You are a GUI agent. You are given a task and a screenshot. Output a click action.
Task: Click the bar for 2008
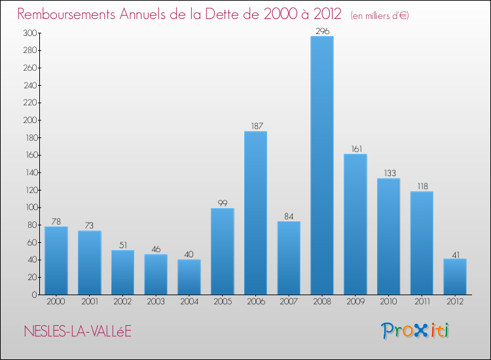coord(322,166)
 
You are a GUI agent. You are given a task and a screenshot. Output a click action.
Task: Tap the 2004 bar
coord(189,277)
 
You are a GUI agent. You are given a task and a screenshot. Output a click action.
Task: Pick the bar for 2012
coord(455,276)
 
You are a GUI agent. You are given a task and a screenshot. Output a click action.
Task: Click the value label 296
coord(322,31)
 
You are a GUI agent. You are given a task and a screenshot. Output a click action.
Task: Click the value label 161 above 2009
coord(355,149)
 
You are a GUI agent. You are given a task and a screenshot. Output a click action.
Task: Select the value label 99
coord(223,203)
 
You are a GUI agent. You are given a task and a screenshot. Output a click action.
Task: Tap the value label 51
coord(122,245)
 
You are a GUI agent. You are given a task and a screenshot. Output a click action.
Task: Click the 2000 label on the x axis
coord(56,302)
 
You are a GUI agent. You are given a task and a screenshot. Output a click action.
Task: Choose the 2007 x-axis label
coord(289,302)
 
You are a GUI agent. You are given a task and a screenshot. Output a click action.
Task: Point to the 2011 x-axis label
coord(422,302)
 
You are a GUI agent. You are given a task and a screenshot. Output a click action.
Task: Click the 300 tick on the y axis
coord(29,33)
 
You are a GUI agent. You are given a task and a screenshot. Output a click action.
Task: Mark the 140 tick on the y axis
coord(29,173)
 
